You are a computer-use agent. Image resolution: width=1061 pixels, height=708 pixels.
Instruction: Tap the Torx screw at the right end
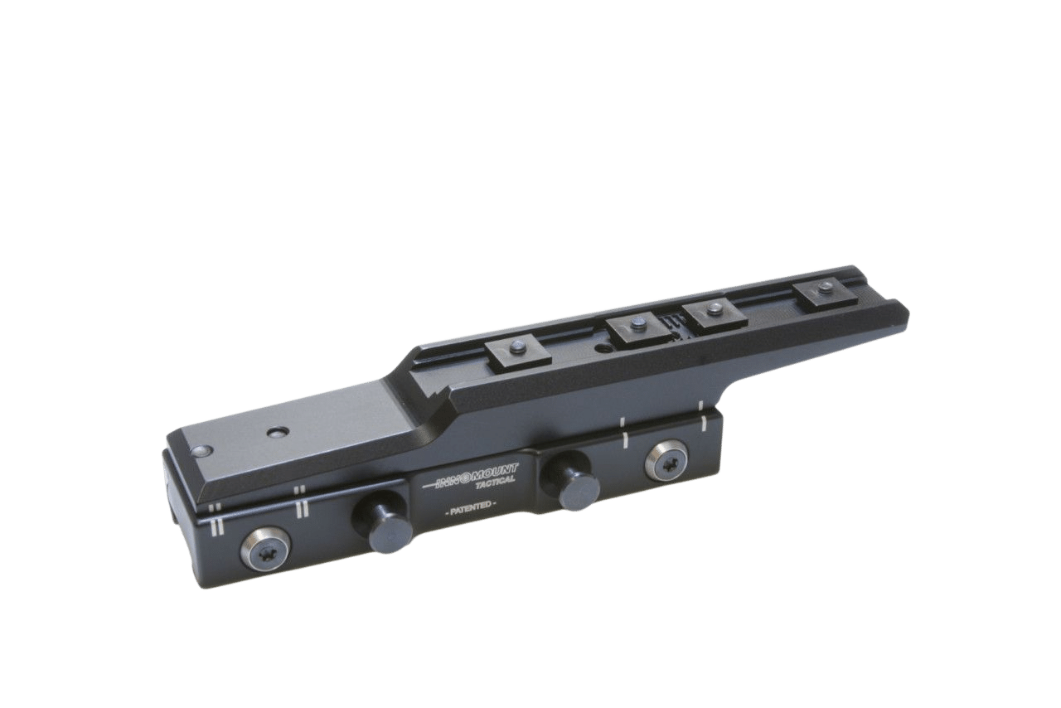click(x=666, y=459)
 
